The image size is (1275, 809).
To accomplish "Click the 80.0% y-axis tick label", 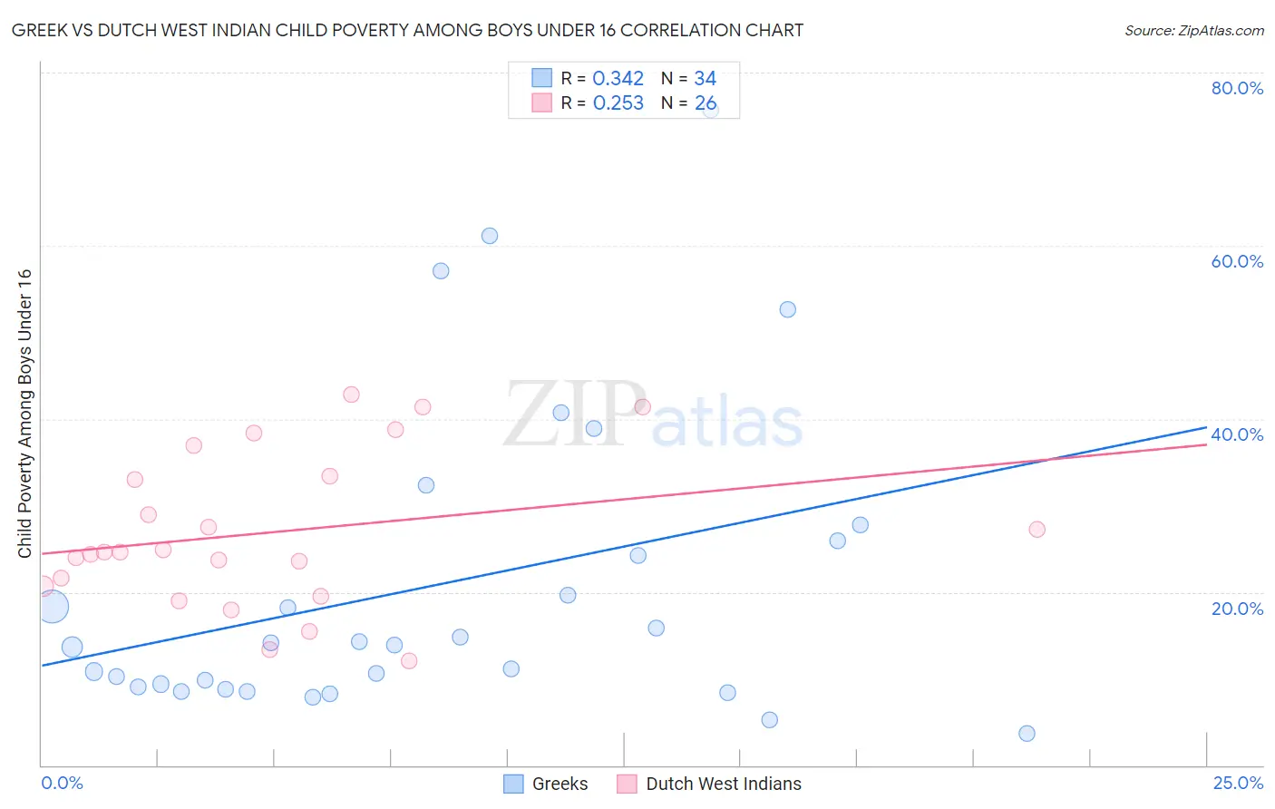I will coord(1237,88).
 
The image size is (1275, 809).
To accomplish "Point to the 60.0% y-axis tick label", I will coord(1237,261).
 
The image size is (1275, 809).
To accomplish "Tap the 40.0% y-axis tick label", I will coord(1237,434).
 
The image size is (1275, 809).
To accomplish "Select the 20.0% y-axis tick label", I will coord(1237,609).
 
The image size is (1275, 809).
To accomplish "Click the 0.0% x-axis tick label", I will coord(62,783).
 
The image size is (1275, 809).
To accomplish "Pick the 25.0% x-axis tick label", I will coord(1238,783).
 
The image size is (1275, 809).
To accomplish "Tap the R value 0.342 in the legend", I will coord(618,79).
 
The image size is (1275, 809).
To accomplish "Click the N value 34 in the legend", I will coord(705,79).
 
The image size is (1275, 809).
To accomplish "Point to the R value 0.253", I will coord(618,103).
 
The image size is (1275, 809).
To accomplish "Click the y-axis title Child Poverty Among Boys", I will coord(24,414).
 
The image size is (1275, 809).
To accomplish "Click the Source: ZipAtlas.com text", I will coord(1193,31).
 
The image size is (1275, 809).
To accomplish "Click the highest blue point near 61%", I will coord(490,236).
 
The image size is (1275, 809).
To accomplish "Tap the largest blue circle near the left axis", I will coord(53,606).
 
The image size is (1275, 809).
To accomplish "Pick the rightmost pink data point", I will coord(1037,530).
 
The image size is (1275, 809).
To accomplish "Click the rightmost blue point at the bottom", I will coord(1027,734).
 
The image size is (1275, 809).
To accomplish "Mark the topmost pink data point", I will coord(351,395).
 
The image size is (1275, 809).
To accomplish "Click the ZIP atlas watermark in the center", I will coord(653,415).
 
